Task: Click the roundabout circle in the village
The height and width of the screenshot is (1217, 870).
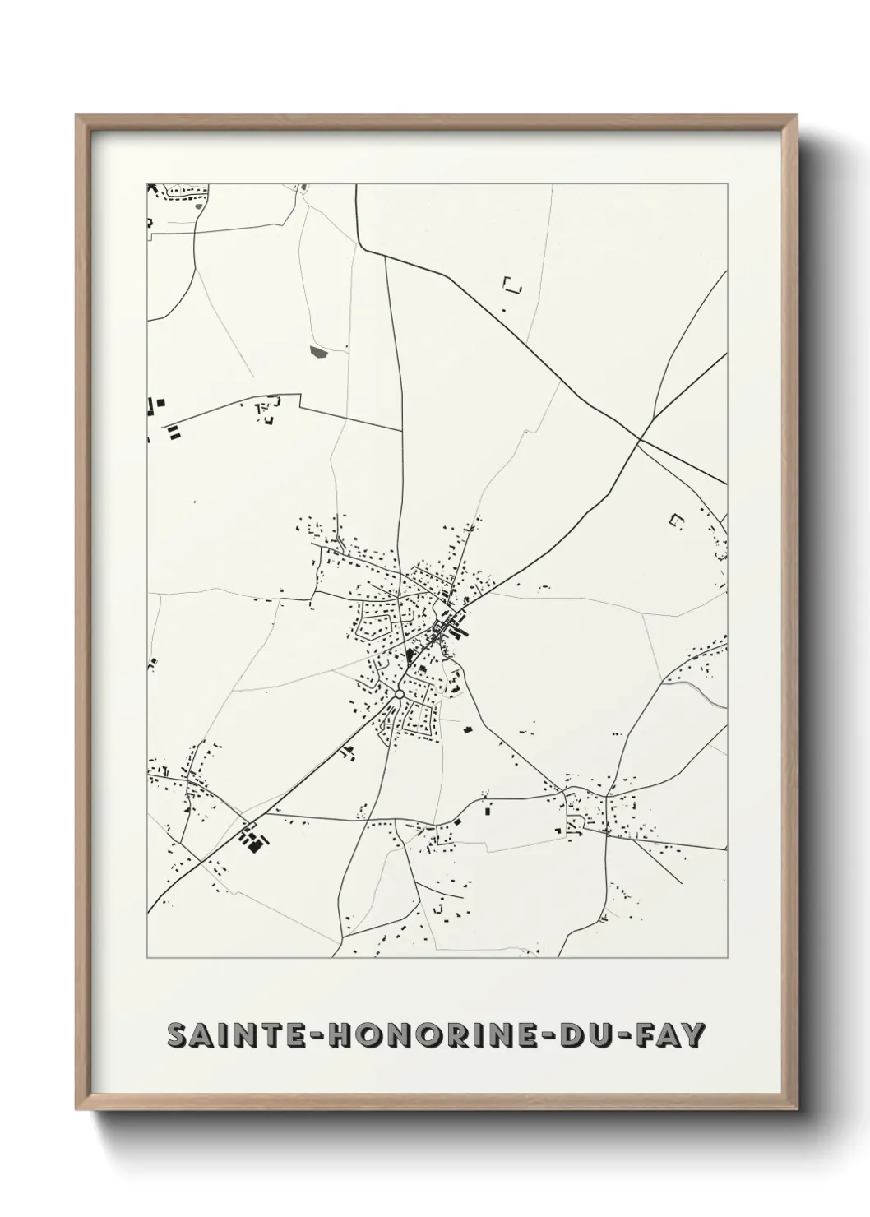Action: [399, 695]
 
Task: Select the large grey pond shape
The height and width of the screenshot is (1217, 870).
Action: [318, 352]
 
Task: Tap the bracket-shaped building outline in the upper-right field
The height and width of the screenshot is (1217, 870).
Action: [512, 285]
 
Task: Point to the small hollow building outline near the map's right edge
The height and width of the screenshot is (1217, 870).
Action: [677, 520]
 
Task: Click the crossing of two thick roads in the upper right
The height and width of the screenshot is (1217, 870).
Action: [640, 440]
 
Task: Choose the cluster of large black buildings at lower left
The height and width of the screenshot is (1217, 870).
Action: [253, 839]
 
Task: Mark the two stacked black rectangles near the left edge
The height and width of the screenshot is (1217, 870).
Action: [174, 433]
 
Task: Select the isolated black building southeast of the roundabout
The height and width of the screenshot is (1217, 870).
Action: [467, 729]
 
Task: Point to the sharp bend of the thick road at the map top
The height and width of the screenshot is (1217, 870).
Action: [360, 244]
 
